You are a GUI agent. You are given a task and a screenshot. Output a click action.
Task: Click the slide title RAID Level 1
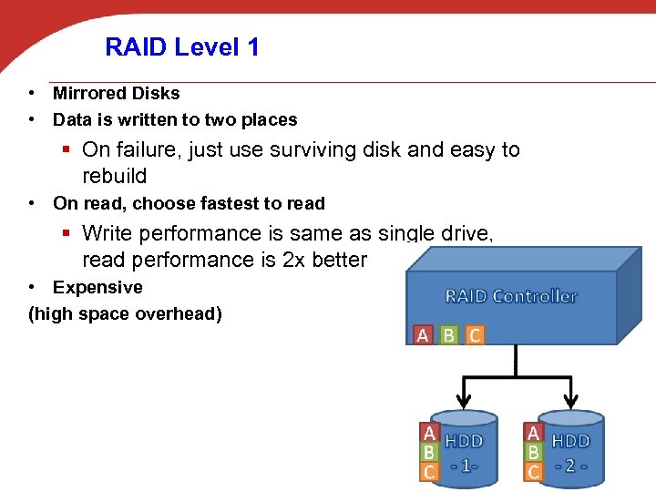(182, 46)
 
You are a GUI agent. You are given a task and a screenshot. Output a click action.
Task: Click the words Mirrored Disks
(116, 93)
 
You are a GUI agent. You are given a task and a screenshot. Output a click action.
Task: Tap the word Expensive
(97, 288)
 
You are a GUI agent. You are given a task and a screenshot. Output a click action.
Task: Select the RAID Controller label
(510, 296)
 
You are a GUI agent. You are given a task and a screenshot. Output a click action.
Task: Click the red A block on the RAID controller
(423, 335)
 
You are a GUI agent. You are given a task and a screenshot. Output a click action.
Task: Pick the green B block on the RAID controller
(448, 335)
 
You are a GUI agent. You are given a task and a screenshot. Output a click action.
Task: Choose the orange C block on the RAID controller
(475, 335)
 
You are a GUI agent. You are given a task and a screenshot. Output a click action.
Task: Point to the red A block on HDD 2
(534, 432)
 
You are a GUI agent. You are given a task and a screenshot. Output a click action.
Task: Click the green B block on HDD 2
(534, 452)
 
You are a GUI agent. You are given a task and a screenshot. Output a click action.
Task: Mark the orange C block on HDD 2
(534, 472)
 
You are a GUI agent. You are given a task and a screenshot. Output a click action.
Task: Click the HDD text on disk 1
(465, 441)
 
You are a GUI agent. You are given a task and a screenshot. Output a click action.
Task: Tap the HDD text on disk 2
(571, 441)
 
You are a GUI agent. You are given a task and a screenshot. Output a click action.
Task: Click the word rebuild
(114, 176)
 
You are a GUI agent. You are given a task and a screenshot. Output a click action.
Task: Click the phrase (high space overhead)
(125, 314)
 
